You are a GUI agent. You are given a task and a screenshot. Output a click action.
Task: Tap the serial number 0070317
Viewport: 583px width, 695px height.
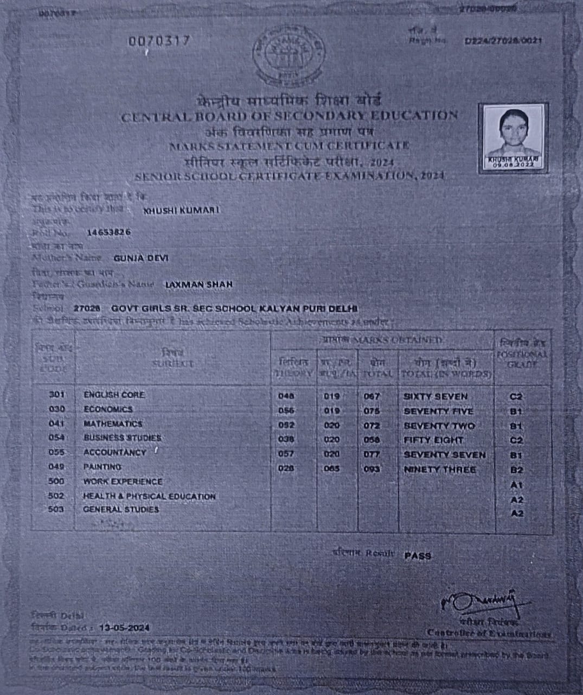tap(159, 41)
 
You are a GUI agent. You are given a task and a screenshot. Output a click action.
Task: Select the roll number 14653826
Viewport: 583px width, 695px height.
tap(109, 232)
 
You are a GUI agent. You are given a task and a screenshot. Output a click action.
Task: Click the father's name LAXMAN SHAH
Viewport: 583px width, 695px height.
tap(198, 284)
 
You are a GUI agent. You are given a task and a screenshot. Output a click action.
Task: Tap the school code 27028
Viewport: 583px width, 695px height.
tap(87, 308)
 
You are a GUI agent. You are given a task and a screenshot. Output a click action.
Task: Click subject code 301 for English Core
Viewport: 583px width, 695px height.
tap(56, 395)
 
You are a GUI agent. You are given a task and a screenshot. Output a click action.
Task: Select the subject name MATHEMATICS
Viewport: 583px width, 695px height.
tap(113, 424)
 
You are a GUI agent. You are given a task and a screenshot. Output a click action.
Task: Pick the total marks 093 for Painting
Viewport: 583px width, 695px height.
tap(372, 469)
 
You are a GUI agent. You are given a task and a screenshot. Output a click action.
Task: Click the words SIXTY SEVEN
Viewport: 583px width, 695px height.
tap(435, 396)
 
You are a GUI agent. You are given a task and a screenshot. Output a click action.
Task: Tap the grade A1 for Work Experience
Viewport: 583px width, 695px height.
tap(516, 484)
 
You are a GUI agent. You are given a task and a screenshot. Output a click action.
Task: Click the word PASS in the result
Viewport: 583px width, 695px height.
tap(418, 555)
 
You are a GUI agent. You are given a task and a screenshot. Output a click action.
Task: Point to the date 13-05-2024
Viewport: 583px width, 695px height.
tap(124, 628)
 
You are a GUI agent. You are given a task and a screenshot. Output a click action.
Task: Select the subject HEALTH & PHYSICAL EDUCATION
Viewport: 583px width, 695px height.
tap(149, 496)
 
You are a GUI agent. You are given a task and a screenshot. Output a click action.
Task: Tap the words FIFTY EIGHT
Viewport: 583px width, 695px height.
tap(433, 440)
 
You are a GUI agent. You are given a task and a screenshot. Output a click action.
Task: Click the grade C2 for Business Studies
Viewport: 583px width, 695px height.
tap(516, 440)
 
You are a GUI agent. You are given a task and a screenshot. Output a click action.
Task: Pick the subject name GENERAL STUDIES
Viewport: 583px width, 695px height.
tap(121, 509)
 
